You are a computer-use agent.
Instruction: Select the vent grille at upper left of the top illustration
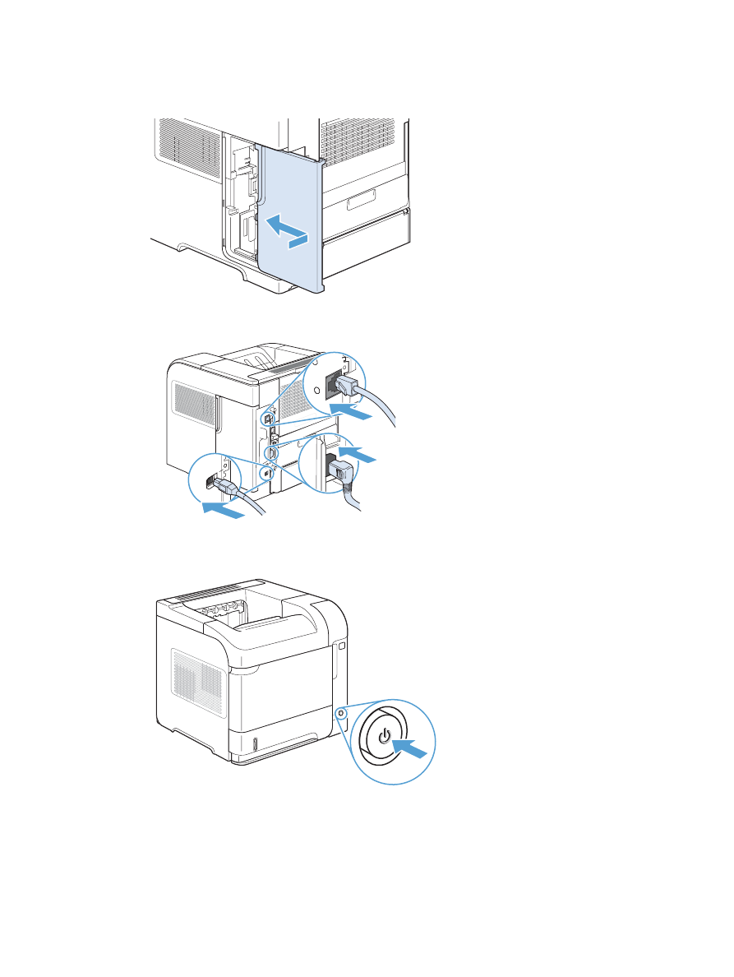[187, 146]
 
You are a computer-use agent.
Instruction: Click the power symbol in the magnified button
[385, 734]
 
